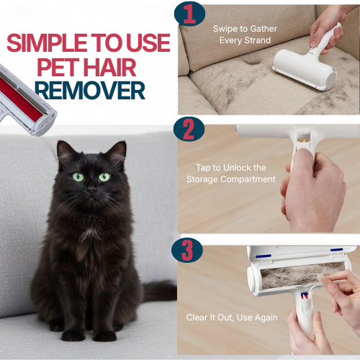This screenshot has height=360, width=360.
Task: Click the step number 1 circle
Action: point(189,15)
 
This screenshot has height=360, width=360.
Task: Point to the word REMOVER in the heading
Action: point(90,91)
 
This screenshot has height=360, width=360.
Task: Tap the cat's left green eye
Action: point(78,176)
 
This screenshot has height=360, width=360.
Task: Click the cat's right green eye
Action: point(104,176)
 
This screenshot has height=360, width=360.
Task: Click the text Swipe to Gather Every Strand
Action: point(245,35)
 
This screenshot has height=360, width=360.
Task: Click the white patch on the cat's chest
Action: point(89,234)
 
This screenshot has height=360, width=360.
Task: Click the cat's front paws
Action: point(90,333)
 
